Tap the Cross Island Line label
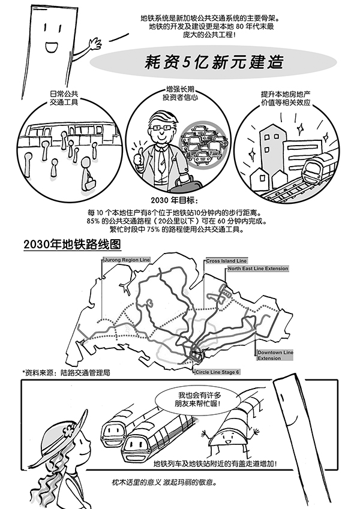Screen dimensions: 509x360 coord(226,261)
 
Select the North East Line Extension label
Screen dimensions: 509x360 coord(257,269)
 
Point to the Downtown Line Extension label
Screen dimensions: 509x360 coord(275,355)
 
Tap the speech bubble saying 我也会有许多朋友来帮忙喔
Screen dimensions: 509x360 coord(191,400)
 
